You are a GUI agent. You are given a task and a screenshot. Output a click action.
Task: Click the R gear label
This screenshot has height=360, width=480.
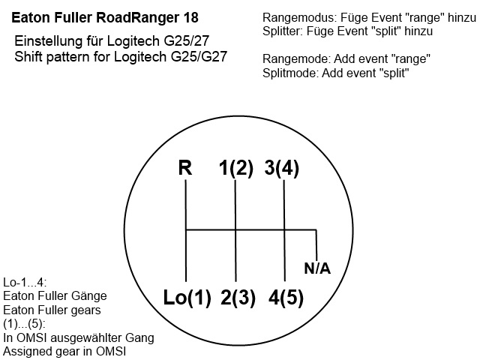point(185,167)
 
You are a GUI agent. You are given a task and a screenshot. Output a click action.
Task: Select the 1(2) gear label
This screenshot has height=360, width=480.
point(235,169)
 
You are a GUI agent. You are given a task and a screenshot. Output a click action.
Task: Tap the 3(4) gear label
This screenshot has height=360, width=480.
point(282,169)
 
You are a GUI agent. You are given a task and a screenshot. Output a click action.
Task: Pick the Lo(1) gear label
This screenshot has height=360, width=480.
point(187,298)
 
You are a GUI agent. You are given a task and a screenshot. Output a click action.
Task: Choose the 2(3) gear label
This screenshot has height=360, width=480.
point(238,298)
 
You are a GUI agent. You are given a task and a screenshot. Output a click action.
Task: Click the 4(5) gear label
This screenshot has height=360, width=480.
point(286,298)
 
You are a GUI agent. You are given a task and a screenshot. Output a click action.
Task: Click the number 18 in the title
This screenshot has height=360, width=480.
point(191,16)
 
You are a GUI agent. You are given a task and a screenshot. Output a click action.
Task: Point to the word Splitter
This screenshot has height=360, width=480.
point(282,31)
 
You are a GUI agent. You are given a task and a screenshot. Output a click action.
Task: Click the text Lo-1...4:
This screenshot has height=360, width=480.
point(25,282)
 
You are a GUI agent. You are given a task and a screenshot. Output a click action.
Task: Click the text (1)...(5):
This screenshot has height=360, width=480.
point(25,323)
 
